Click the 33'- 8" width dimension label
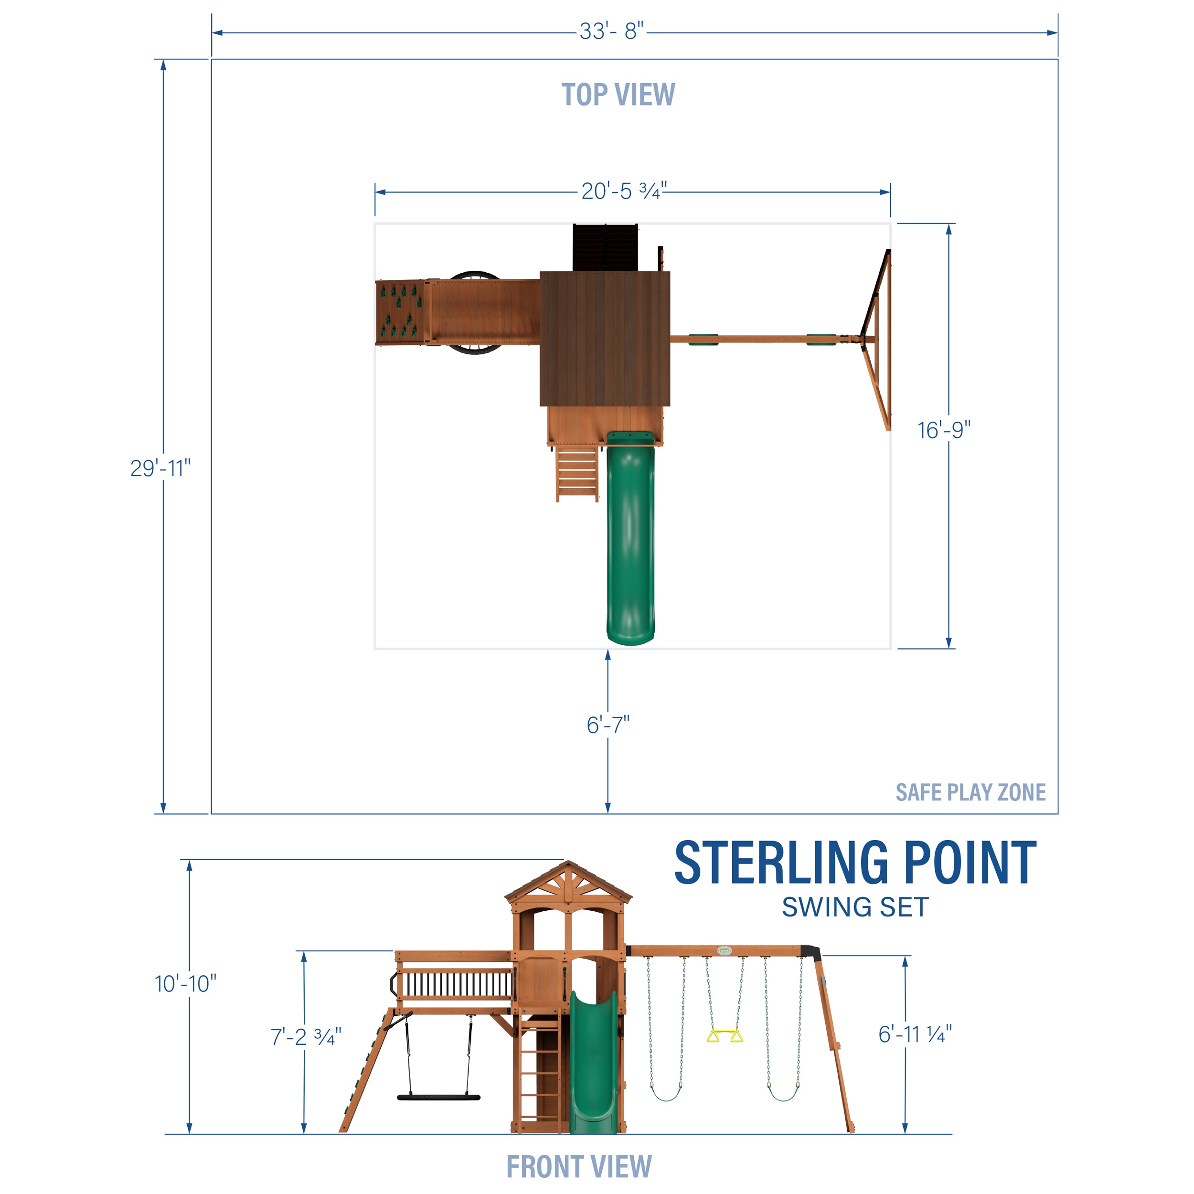coord(611,31)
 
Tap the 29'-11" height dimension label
coord(160,468)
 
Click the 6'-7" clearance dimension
coord(608,725)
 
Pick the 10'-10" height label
coord(185,983)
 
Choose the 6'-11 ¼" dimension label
coord(915,1034)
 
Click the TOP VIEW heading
coord(618,95)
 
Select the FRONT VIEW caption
coord(578,1166)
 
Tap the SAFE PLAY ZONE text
coord(970,792)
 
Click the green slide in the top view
coord(630,544)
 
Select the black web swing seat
coord(438,1097)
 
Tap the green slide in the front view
coord(593,1063)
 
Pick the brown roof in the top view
coord(605,338)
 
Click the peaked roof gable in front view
coord(568,882)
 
